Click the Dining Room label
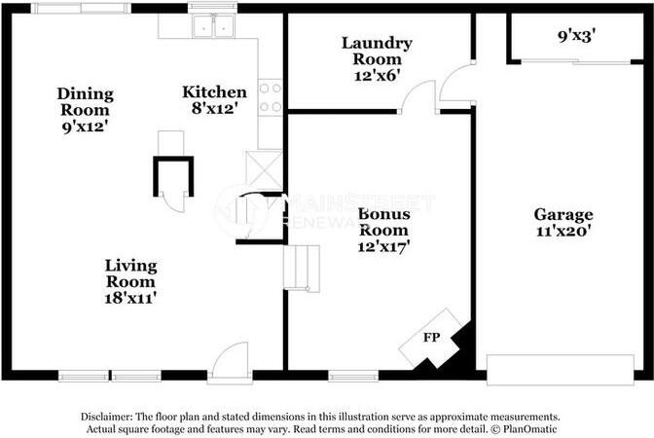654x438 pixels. [x=85, y=109]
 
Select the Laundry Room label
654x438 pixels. [x=377, y=57]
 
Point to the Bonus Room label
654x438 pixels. [x=383, y=230]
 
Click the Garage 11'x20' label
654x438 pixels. [x=563, y=223]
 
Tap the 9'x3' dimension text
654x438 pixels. [x=576, y=36]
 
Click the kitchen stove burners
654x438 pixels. [x=271, y=96]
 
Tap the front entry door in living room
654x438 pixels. [x=232, y=362]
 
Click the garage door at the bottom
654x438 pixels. [x=560, y=370]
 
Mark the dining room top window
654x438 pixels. [x=80, y=9]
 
